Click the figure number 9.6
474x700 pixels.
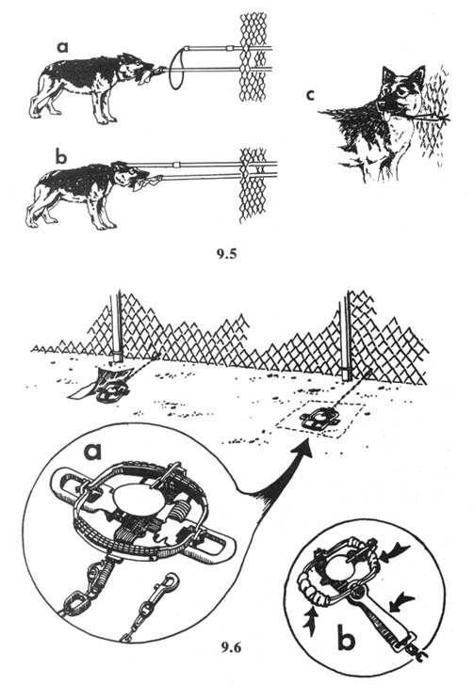click(x=231, y=646)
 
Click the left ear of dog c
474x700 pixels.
click(x=387, y=75)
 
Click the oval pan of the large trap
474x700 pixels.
click(x=133, y=497)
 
